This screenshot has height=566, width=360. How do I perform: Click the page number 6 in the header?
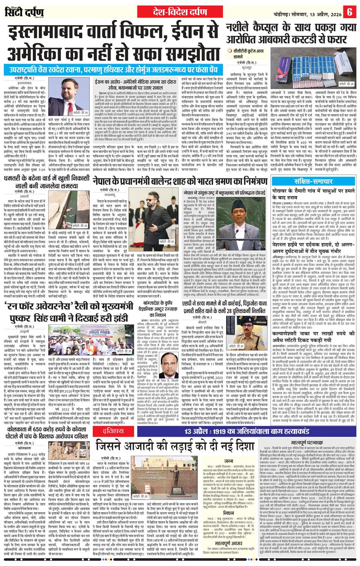[350, 11]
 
